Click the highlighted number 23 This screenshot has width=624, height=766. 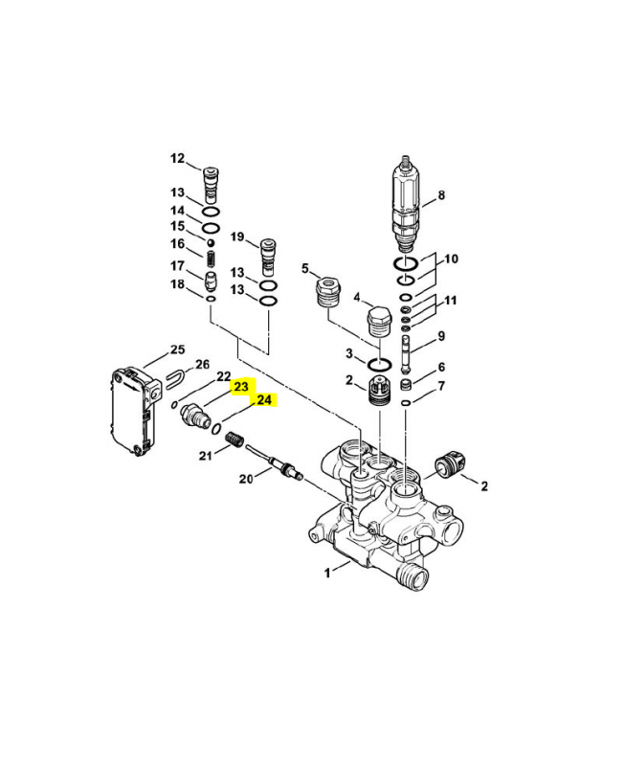click(x=241, y=387)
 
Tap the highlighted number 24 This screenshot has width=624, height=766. click(x=263, y=400)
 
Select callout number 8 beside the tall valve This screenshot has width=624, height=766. click(x=441, y=195)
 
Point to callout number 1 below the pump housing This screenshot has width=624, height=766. click(x=327, y=572)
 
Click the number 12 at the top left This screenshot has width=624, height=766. click(x=178, y=158)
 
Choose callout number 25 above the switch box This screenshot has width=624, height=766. click(x=178, y=349)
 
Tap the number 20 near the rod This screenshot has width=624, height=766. click(x=246, y=479)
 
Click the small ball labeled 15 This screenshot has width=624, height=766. click(x=211, y=242)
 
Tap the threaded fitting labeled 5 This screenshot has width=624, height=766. click(x=327, y=292)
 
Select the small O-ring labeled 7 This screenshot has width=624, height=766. click(x=406, y=402)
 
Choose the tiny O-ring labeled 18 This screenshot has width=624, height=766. click(x=211, y=299)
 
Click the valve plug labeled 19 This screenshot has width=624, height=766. click(x=269, y=257)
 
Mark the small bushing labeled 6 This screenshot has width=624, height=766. click(x=406, y=385)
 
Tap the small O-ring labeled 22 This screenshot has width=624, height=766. click(x=174, y=404)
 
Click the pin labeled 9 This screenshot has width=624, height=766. click(x=406, y=354)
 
